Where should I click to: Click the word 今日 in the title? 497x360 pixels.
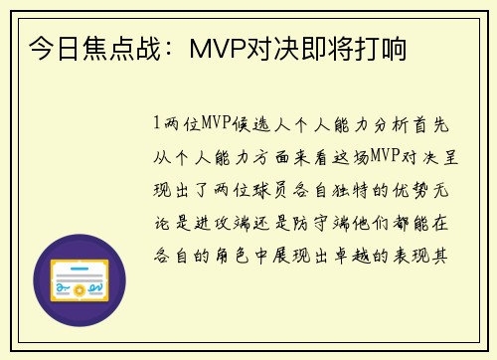[x=51, y=47]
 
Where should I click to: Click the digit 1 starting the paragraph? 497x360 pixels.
[x=156, y=124]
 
